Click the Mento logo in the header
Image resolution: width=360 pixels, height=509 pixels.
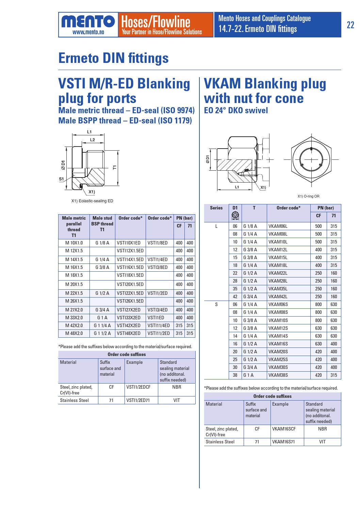coord(88,25)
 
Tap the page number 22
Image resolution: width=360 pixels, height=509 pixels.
coord(350,25)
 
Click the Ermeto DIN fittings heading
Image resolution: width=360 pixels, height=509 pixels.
coord(113,58)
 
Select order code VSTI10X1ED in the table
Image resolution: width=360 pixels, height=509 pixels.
coord(129,243)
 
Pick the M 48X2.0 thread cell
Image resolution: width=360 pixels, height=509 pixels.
coord(74,334)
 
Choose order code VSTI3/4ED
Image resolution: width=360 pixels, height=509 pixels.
coord(158,310)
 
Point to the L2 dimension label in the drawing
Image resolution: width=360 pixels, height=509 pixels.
coord(92,139)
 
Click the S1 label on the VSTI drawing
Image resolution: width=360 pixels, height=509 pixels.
coord(61,179)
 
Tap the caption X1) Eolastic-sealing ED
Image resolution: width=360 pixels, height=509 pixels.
coord(92,201)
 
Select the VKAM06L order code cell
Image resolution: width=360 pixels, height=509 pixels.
coord(278,226)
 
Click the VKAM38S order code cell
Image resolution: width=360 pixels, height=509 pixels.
coord(278,375)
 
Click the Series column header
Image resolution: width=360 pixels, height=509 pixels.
coord(216,208)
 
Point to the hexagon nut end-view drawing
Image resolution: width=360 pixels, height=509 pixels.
coord(310,159)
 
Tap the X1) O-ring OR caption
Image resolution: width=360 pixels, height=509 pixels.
coord(308,196)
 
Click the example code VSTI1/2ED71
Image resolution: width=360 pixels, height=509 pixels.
coord(138,400)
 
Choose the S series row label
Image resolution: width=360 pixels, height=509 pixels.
coord(216,305)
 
